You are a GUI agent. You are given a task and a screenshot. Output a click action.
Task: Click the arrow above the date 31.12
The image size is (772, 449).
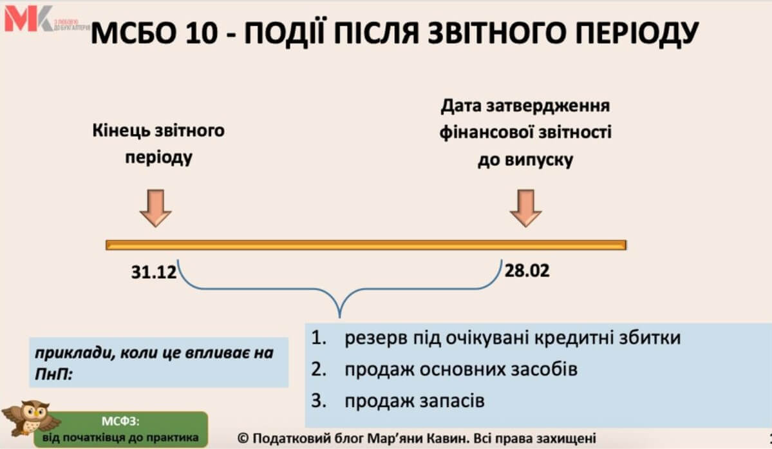click(x=156, y=207)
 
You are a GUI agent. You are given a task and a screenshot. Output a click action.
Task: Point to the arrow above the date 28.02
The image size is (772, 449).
click(x=525, y=207)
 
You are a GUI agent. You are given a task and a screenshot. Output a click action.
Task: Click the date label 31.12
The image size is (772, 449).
click(x=154, y=272)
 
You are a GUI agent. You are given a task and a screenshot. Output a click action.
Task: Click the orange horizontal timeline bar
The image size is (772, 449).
click(x=366, y=245)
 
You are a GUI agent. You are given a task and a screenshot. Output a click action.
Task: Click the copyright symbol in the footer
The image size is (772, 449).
click(x=243, y=437)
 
